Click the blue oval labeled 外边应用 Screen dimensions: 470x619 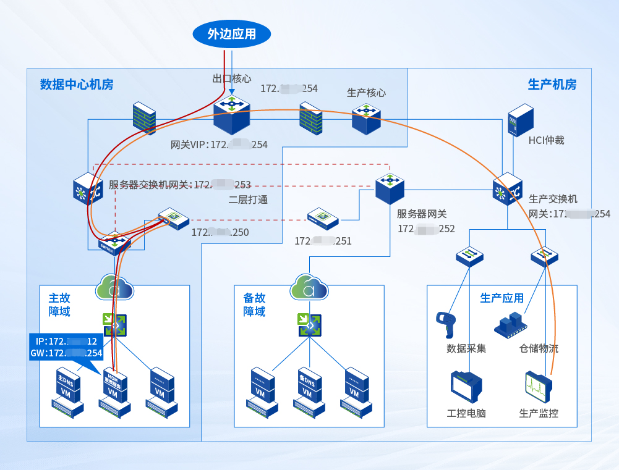[232, 33]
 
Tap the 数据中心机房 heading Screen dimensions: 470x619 [77, 85]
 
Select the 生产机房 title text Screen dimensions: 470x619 [552, 85]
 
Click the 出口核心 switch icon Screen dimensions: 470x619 [232, 114]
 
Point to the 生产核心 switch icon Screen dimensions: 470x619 [366, 117]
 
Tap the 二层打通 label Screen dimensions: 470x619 [248, 200]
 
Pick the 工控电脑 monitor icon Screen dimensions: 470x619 [466, 387]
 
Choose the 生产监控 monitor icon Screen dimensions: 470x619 [537, 387]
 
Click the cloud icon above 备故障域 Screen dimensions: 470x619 [309, 287]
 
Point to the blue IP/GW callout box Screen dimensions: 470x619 [66, 346]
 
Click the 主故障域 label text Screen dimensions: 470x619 [59, 304]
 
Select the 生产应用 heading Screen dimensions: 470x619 [502, 298]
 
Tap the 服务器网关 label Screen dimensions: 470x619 [422, 214]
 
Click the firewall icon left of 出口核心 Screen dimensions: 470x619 [143, 117]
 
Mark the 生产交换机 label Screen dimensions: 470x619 [553, 199]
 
